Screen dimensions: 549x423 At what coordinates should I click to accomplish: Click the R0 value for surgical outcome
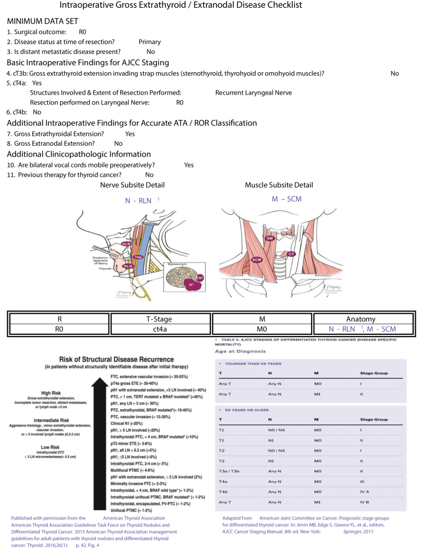click(x=83, y=32)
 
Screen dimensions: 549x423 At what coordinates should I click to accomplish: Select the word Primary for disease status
click(x=150, y=42)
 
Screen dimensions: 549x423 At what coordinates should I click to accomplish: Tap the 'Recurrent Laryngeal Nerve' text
click(x=253, y=92)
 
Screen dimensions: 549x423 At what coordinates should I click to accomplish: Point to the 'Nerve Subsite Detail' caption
click(x=132, y=185)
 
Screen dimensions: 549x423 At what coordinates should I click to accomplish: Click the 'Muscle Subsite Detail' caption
click(x=279, y=185)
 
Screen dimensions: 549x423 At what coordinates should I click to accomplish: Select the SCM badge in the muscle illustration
click(x=257, y=260)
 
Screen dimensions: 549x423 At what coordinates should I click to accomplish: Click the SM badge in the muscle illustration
click(x=269, y=238)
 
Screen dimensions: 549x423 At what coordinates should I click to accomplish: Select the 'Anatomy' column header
click(x=361, y=319)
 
